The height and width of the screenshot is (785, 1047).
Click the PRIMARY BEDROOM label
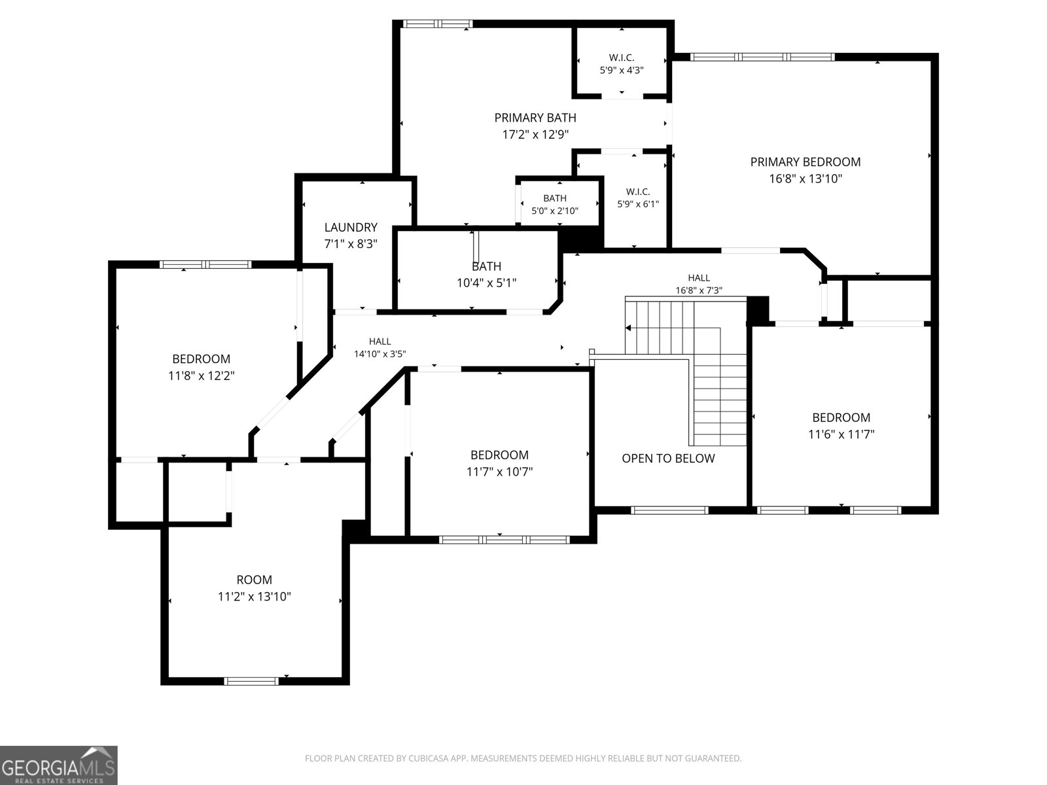click(805, 162)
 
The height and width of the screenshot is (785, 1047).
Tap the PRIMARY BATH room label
click(535, 118)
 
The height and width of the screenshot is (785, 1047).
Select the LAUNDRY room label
click(351, 228)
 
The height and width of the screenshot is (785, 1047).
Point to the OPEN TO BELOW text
click(668, 459)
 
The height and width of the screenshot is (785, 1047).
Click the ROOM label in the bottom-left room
click(255, 580)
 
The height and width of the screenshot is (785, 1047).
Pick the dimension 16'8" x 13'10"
click(805, 179)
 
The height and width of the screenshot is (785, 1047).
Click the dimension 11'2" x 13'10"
click(255, 597)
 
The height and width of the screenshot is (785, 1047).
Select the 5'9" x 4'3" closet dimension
click(622, 71)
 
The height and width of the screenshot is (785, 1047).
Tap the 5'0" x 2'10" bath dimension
click(555, 211)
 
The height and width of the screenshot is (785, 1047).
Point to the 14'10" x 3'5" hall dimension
click(380, 354)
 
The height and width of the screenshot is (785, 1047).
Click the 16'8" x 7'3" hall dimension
click(699, 290)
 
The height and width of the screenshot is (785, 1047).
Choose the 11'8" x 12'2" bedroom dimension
click(202, 376)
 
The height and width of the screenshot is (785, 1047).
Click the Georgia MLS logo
click(59, 765)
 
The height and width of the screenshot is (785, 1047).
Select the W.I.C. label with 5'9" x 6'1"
click(638, 192)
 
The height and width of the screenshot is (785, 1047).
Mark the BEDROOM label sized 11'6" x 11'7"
click(841, 418)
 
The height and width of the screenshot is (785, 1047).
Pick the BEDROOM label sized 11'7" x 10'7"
click(499, 455)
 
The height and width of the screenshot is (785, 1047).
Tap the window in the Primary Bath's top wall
click(437, 24)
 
